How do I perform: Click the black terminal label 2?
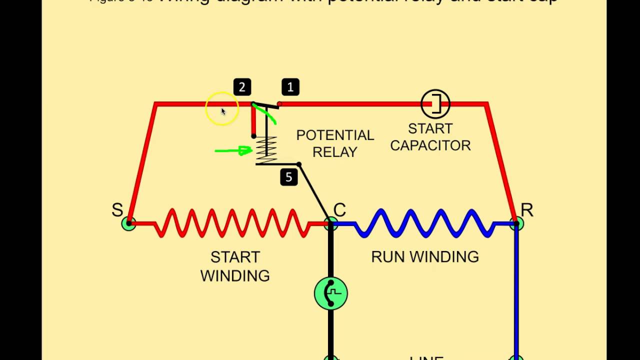pyautogui.click(x=242, y=87)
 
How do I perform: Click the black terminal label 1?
pyautogui.click(x=290, y=87)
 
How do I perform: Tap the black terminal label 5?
pyautogui.click(x=288, y=177)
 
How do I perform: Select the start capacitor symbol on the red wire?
pyautogui.click(x=435, y=104)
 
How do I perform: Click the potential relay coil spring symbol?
pyautogui.click(x=266, y=150)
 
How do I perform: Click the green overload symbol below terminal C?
pyautogui.click(x=330, y=293)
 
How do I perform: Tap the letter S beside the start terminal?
pyautogui.click(x=117, y=210)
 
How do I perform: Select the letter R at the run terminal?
pyautogui.click(x=526, y=210)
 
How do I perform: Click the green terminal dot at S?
pyautogui.click(x=128, y=223)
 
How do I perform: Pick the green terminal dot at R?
pyautogui.click(x=517, y=223)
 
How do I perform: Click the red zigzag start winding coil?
pyautogui.click(x=232, y=223)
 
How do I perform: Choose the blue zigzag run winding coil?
pyautogui.click(x=425, y=223)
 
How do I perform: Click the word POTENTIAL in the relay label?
pyautogui.click(x=335, y=135)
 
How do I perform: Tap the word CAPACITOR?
pyautogui.click(x=430, y=145)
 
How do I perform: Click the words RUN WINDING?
pyautogui.click(x=424, y=257)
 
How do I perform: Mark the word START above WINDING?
pyautogui.click(x=235, y=257)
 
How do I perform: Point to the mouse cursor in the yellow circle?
pyautogui.click(x=223, y=111)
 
